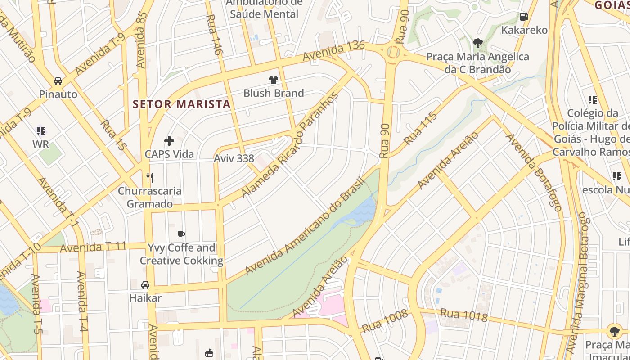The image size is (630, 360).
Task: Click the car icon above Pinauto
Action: [x=58, y=81]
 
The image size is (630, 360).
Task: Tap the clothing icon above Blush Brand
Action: [x=273, y=80]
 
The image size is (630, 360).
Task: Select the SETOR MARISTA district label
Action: [x=181, y=104]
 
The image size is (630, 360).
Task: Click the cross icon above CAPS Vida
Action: [x=169, y=141]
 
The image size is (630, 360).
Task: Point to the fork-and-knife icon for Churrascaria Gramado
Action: [x=150, y=178]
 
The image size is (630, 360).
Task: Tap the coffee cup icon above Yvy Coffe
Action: [x=181, y=234]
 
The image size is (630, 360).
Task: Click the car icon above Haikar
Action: [x=145, y=285]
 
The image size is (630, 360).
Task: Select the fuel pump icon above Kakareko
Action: [x=524, y=17]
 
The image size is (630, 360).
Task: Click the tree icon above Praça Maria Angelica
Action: [x=477, y=43]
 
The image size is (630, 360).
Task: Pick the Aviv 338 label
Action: [x=234, y=158]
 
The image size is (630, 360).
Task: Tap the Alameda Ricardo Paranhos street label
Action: [x=289, y=145]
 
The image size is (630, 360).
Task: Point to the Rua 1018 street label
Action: [x=463, y=315]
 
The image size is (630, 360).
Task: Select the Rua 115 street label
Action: [x=420, y=129]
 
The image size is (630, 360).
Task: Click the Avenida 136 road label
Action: [x=333, y=51]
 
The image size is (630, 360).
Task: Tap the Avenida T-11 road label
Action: [x=93, y=247]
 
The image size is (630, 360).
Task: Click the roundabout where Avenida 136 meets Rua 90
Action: [x=393, y=53]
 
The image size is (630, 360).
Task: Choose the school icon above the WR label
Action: [x=41, y=131]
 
